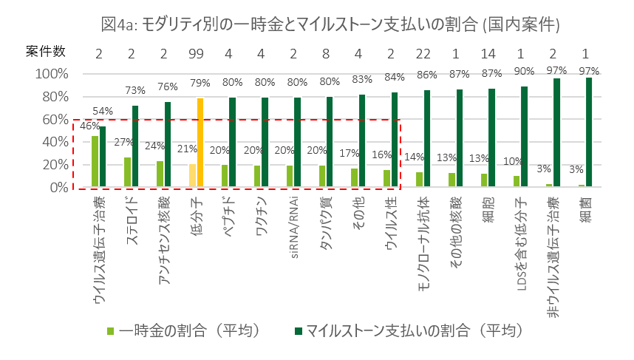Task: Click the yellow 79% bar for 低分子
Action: pos(200,142)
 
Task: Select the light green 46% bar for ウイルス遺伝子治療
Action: pos(95,160)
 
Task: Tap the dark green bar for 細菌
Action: pos(590,132)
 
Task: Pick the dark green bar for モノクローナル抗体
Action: pos(427,138)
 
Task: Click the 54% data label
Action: pos(103,111)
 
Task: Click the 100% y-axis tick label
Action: pos(50,74)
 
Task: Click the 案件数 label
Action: pos(46,52)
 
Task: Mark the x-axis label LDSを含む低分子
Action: pos(521,242)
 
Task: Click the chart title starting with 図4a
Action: pos(329,24)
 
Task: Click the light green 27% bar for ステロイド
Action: pos(127,171)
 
